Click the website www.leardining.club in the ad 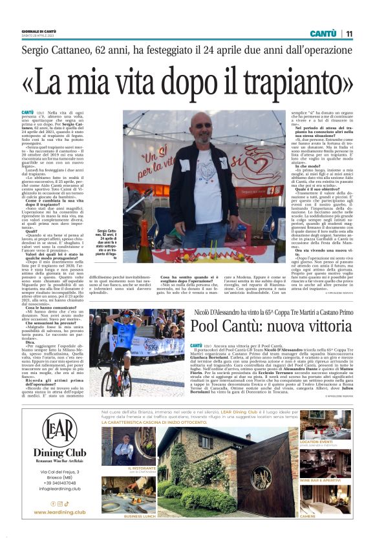click(59, 512)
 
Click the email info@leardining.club click(59, 488)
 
